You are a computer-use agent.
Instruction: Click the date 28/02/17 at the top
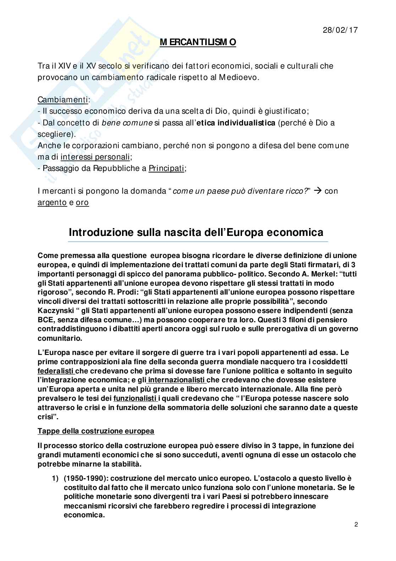pos(340,30)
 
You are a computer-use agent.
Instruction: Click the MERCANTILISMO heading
pos(198,43)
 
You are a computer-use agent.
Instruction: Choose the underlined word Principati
pos(166,168)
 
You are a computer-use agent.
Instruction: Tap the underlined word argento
pos(52,203)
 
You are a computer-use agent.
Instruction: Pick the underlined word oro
pos(82,203)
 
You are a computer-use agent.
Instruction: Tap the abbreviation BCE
pos(46,320)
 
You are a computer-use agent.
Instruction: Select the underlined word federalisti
pos(56,371)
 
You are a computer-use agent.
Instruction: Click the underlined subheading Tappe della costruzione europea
pos(96,431)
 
